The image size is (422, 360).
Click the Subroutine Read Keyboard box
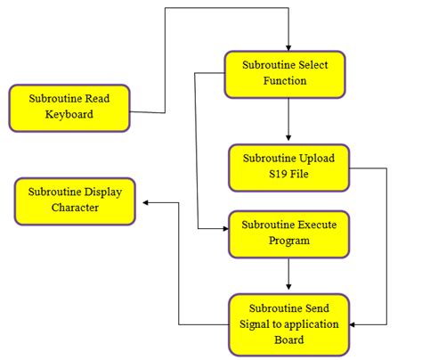69,107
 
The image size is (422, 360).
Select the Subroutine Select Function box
288,73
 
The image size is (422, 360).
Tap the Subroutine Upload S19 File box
288,167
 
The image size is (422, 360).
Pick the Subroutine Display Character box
74,200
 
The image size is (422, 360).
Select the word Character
74,208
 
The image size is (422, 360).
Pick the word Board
288,340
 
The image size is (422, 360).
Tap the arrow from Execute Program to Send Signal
288,274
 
